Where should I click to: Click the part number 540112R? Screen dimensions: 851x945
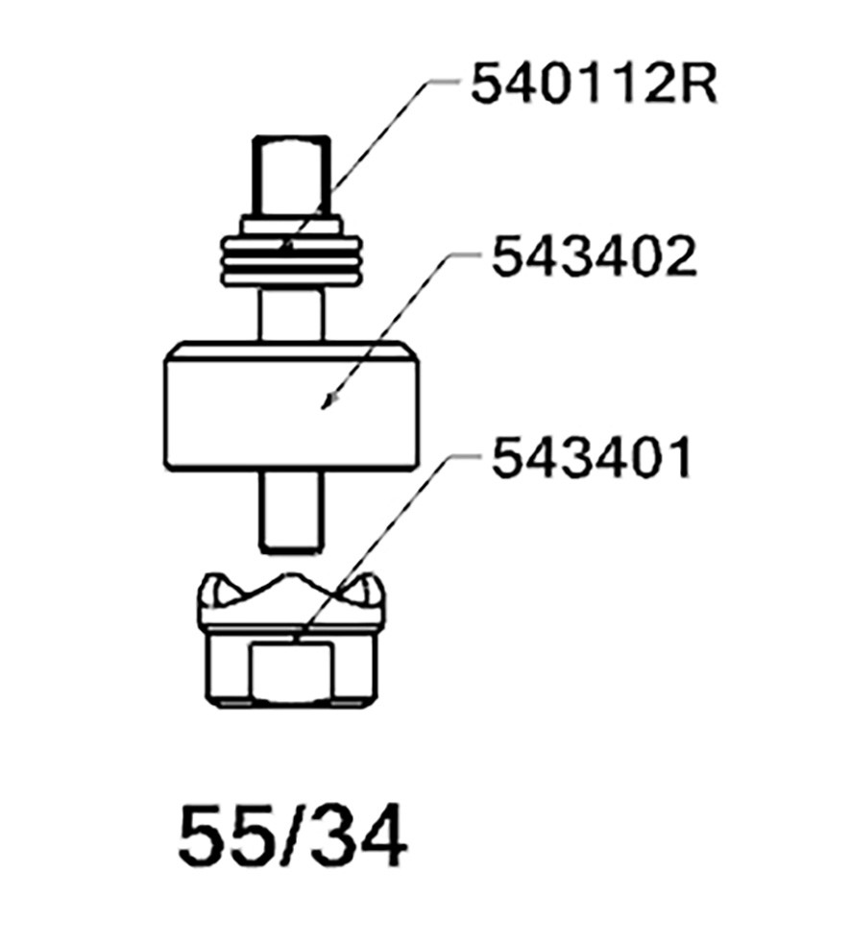[x=594, y=84]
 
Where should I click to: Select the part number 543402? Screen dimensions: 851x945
[x=594, y=257]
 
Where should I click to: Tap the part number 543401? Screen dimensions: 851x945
[x=591, y=459]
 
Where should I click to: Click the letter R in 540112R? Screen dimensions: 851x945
[x=700, y=84]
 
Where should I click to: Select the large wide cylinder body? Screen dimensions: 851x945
[x=292, y=407]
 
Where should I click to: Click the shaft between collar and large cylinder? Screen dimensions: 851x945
[x=292, y=315]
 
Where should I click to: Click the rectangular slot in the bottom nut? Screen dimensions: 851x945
[x=291, y=672]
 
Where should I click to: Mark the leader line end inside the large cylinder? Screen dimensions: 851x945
[x=325, y=406]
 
